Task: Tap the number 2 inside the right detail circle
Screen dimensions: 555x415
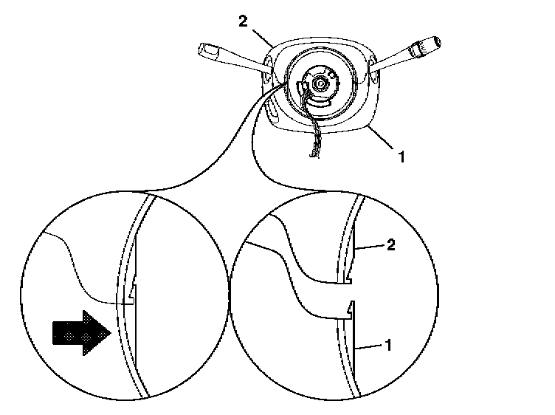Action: click(391, 246)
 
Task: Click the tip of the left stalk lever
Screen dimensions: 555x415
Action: click(206, 52)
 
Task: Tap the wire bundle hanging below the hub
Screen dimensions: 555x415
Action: click(316, 140)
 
